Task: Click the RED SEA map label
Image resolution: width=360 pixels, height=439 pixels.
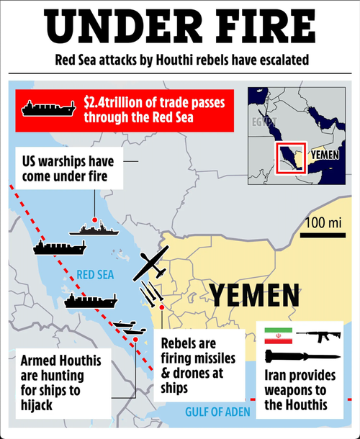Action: (x=94, y=273)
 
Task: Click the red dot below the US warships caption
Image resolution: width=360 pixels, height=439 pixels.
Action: (x=96, y=218)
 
